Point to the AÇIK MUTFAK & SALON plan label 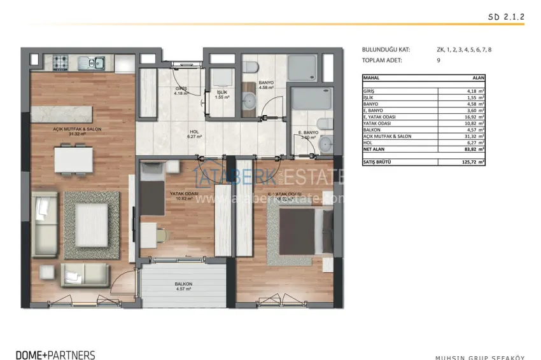click(x=78, y=130)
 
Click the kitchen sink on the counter click(x=96, y=62)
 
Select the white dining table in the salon click(x=74, y=159)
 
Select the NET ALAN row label click(x=375, y=149)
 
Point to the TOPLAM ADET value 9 click(x=439, y=60)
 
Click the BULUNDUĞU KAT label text click(x=386, y=49)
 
